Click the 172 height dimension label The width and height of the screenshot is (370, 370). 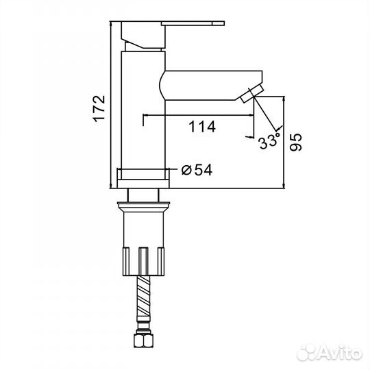tap(99, 108)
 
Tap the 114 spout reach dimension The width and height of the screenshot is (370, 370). tap(202, 127)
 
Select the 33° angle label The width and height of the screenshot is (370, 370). tap(269, 140)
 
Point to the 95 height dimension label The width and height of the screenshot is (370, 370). tap(296, 142)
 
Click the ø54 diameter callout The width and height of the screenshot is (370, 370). tap(197, 169)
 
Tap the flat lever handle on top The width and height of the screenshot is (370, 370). tap(193, 23)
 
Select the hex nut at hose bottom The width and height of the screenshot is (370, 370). tap(144, 340)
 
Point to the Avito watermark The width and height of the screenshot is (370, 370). tap(330, 353)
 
